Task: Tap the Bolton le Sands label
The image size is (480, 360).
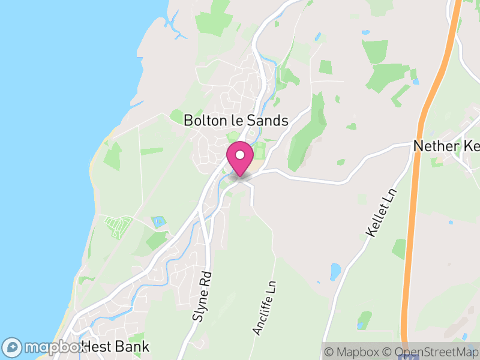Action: coord(236,120)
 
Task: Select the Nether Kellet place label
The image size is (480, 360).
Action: coord(446,146)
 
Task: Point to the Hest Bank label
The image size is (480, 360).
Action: coord(115,347)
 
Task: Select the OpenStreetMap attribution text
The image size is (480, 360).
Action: coord(430,352)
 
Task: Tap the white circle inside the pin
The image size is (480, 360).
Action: coord(240,154)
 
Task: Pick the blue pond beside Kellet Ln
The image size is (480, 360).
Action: coord(335,271)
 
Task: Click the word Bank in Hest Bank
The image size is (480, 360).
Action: coord(133,347)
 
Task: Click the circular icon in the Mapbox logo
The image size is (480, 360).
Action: coord(12,347)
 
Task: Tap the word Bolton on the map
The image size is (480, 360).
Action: coord(203,120)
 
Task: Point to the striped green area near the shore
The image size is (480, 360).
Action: coord(117,226)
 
